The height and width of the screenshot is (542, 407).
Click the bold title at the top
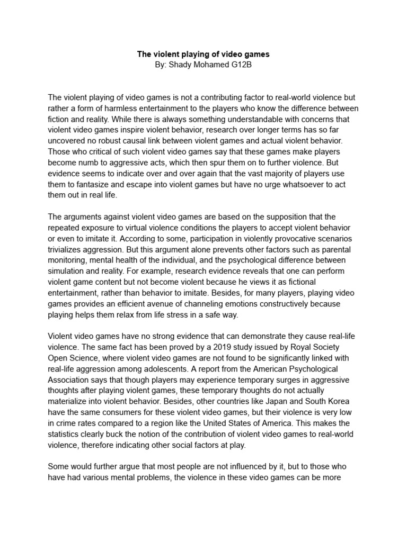tap(203, 54)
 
